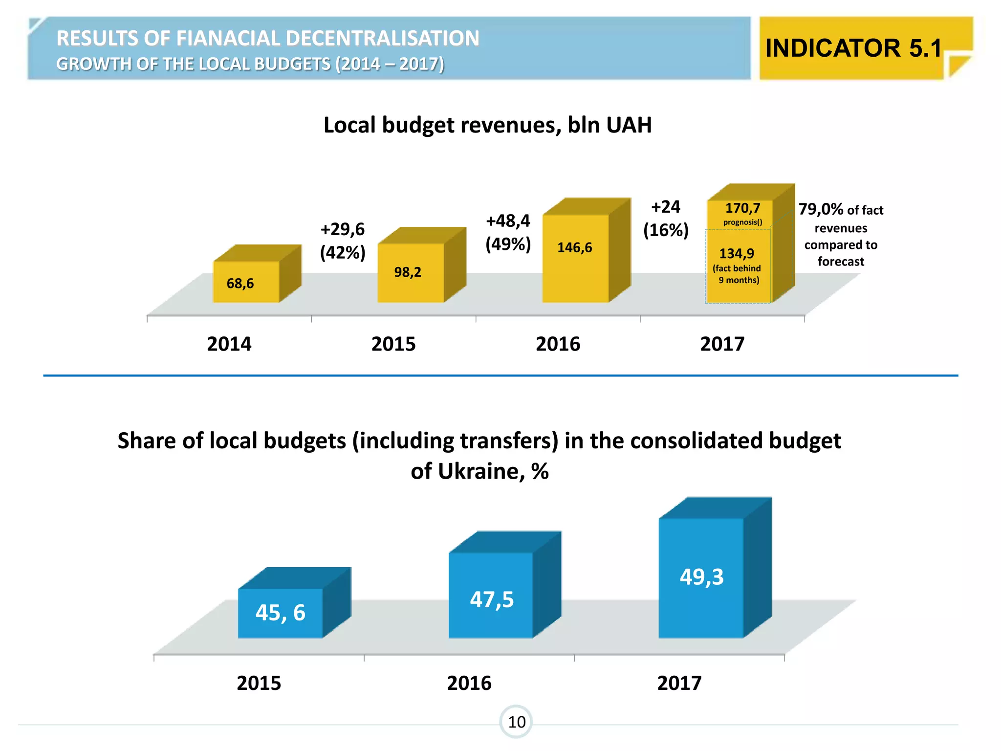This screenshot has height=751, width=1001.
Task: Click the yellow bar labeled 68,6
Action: pyautogui.click(x=246, y=282)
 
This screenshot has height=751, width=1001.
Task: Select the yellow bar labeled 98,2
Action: pyautogui.click(x=411, y=272)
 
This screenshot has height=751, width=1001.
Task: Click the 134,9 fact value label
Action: pyautogui.click(x=737, y=254)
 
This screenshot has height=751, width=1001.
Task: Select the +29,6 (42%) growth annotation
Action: pyautogui.click(x=343, y=241)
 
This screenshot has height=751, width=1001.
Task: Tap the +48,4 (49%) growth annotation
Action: pyautogui.click(x=508, y=232)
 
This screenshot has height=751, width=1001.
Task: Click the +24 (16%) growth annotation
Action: pyautogui.click(x=666, y=219)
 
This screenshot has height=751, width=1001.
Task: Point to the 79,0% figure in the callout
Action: pyautogui.click(x=821, y=209)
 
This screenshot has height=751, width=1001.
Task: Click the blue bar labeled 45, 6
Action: pyautogui.click(x=281, y=613)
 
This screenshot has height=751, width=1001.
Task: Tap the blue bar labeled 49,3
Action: pyautogui.click(x=701, y=577)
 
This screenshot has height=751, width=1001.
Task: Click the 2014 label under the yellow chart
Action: pyautogui.click(x=229, y=344)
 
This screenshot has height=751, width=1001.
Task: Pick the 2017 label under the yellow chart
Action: pyautogui.click(x=722, y=344)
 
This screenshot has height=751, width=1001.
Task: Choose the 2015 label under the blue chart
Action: pyautogui.click(x=259, y=683)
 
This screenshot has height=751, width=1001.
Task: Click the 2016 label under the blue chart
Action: pyautogui.click(x=469, y=683)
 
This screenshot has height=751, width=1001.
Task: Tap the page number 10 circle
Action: pyautogui.click(x=516, y=722)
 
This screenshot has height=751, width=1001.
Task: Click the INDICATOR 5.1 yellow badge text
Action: pyautogui.click(x=853, y=48)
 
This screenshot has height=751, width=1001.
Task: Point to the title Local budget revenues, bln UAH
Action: pyautogui.click(x=487, y=125)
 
